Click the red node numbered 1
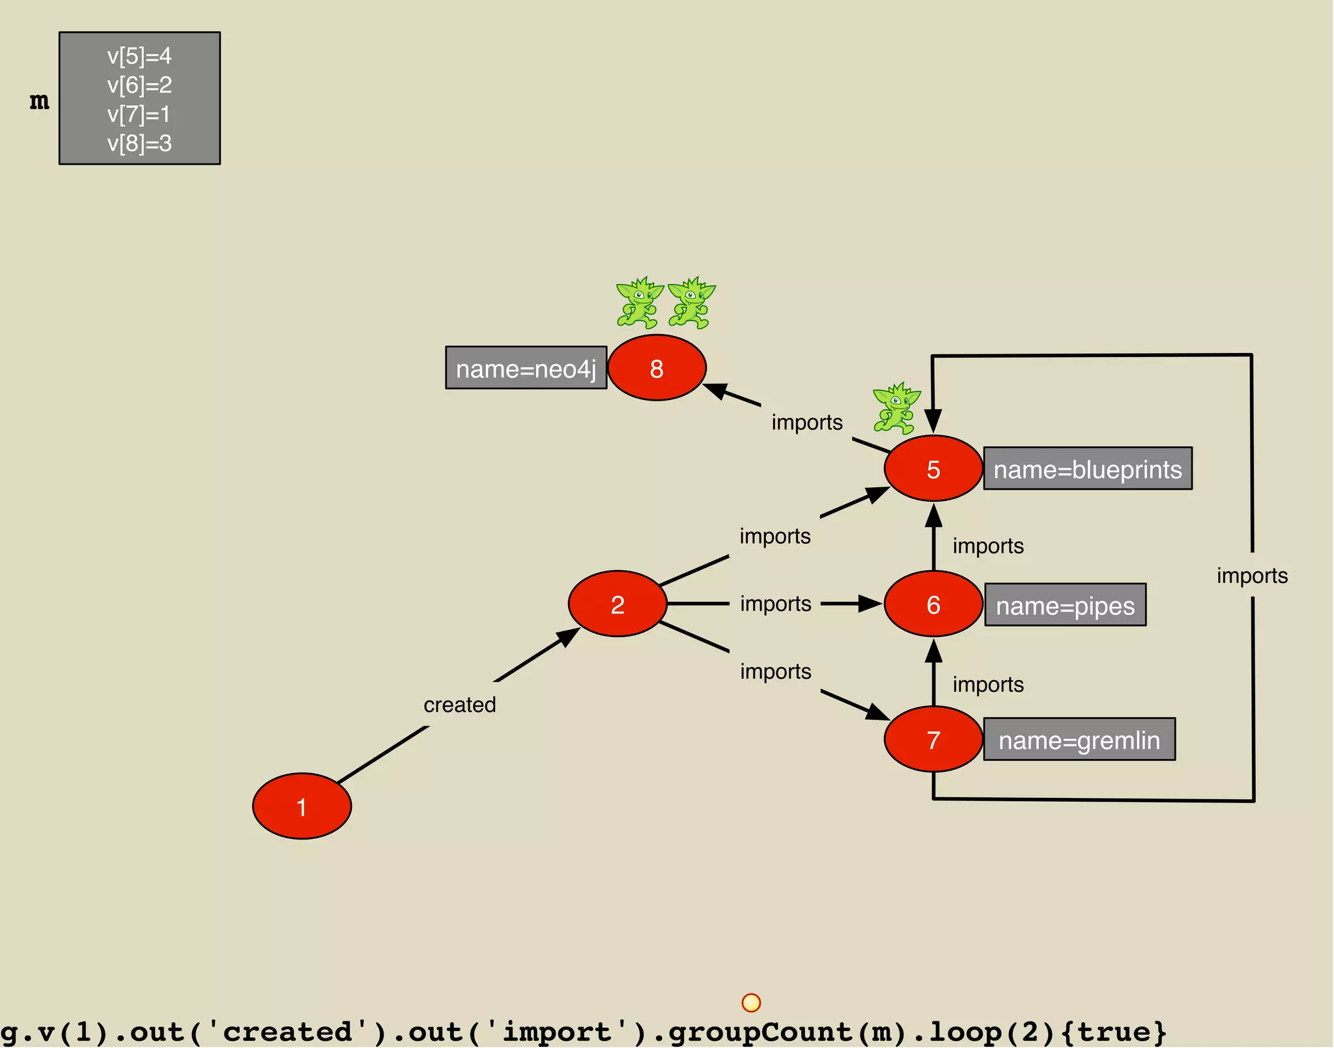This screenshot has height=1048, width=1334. click(x=302, y=806)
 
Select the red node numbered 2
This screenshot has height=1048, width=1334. click(x=617, y=604)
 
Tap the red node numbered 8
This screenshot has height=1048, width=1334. click(x=657, y=368)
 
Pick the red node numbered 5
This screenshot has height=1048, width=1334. click(x=933, y=468)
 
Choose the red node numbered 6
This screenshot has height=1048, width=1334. click(x=933, y=604)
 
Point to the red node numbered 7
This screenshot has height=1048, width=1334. click(x=933, y=739)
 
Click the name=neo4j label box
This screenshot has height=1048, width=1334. click(x=526, y=368)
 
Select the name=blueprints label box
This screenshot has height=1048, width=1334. click(x=1087, y=468)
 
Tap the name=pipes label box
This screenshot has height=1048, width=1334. click(x=1065, y=605)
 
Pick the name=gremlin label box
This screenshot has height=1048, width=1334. click(x=1079, y=739)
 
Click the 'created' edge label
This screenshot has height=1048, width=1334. click(x=459, y=704)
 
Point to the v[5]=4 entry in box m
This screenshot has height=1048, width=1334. click(x=139, y=56)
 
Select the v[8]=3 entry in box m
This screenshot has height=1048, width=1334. click(x=139, y=143)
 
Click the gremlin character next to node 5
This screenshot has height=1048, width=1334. click(x=896, y=408)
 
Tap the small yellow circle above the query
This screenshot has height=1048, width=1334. click(x=751, y=1002)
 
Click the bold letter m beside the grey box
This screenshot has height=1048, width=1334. click(x=39, y=101)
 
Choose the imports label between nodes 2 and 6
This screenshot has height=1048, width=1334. click(x=775, y=604)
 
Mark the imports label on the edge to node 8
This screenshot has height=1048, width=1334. click(x=806, y=422)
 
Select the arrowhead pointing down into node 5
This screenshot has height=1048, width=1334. click(x=933, y=420)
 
